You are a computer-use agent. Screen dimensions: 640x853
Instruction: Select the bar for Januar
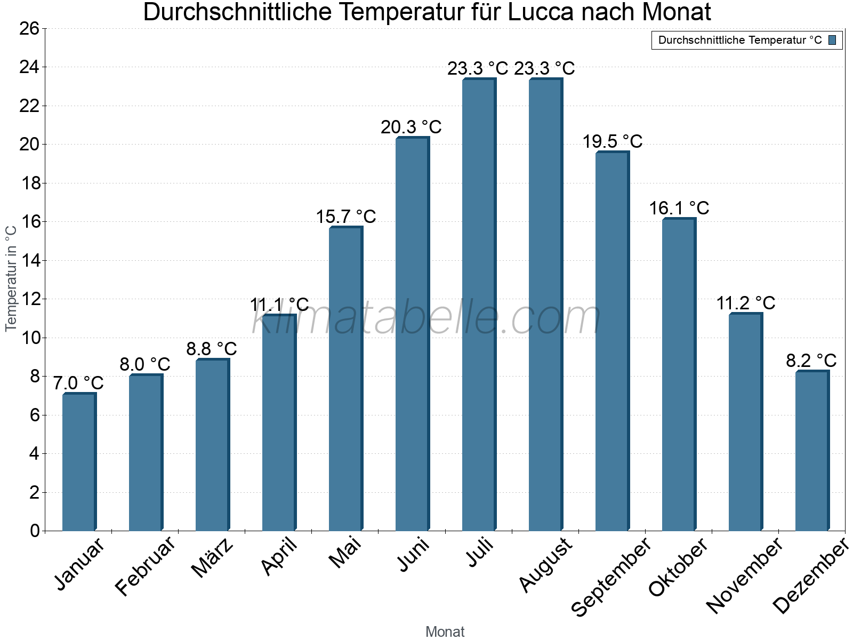coord(79,462)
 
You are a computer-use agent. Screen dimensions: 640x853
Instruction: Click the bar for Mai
coord(345,379)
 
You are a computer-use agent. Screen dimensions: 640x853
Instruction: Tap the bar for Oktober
coord(679,374)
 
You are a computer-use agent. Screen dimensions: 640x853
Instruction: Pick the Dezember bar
coord(812,451)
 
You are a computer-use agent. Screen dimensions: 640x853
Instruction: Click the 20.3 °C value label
coord(411,127)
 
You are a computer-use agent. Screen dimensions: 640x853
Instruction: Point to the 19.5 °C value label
coord(612,141)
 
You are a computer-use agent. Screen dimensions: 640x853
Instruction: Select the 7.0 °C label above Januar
coord(78,383)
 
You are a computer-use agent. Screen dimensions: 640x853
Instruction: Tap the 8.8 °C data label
coord(212,349)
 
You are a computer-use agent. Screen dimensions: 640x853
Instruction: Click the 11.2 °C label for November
coord(745,303)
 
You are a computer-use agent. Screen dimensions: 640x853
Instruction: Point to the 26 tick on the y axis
coord(29,28)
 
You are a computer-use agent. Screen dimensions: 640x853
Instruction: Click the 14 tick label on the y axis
coord(29,261)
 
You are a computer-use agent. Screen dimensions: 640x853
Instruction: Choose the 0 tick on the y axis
coord(35,531)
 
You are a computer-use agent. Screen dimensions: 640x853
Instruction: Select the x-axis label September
coord(611,577)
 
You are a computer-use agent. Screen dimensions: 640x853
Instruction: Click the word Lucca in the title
coord(541,13)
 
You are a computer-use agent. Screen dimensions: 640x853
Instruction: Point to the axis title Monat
coord(445,632)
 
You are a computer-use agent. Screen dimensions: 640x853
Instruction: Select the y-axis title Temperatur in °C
coord(11,278)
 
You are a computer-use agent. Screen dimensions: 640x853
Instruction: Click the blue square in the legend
coord(832,40)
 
